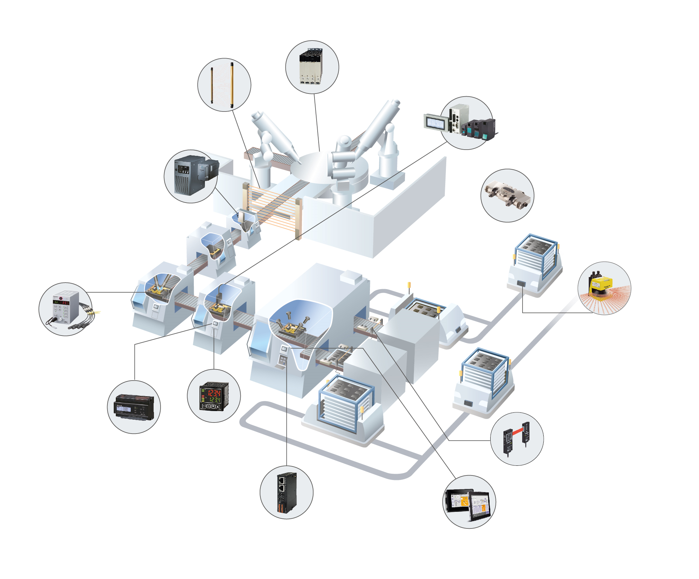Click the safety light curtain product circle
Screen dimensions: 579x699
coord(224,85)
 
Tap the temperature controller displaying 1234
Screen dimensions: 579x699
coord(214,396)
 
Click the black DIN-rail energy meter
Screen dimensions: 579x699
coord(134,407)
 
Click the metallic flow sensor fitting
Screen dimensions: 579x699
coord(507,196)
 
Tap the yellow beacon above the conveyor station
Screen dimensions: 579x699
coord(409,285)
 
